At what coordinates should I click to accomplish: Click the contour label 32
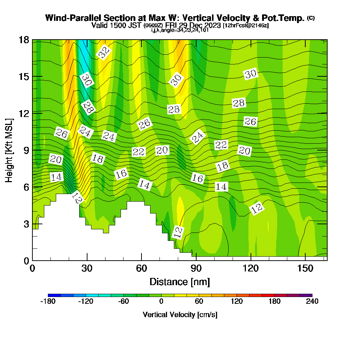pos(104,53)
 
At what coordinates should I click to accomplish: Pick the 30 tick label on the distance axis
pos(87,268)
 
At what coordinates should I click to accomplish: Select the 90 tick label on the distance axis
pos(196,268)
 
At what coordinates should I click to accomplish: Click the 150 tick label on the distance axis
pos(305,268)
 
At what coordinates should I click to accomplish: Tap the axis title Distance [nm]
pos(180,281)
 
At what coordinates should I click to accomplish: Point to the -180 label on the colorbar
pos(48,302)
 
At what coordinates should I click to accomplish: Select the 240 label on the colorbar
pos(312,302)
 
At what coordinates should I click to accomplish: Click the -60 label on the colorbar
pos(123,302)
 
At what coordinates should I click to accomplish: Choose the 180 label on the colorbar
pos(274,302)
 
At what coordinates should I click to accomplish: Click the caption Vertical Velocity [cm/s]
pos(180,315)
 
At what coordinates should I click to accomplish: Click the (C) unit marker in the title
pos(311,18)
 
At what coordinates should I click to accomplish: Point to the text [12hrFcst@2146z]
pos(246,26)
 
